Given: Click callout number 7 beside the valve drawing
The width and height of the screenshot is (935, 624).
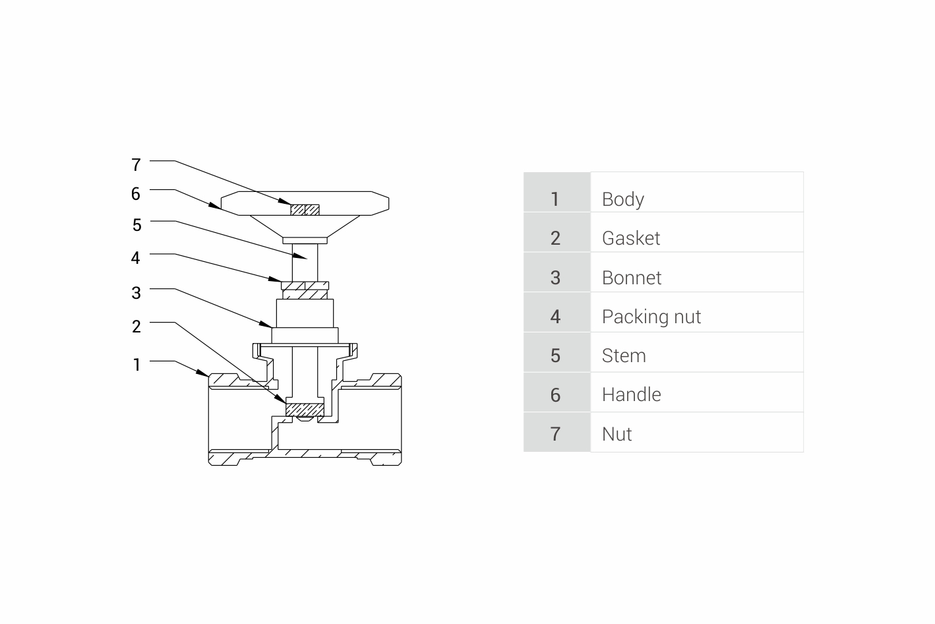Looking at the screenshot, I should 136,164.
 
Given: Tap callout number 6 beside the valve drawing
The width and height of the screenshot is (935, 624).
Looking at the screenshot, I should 136,194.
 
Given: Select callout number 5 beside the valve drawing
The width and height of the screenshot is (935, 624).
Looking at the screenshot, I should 136,226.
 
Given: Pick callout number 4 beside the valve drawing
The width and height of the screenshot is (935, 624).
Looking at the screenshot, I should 136,258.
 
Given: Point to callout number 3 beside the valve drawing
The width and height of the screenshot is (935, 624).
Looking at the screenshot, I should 136,293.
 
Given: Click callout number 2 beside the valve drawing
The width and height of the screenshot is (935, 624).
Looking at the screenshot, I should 136,327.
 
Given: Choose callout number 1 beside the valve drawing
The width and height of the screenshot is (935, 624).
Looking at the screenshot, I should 136,365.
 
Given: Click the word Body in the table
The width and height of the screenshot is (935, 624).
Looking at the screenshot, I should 622,199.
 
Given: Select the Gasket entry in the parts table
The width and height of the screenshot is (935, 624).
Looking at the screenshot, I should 630,238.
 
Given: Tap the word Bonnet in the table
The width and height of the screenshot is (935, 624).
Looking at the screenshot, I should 631,278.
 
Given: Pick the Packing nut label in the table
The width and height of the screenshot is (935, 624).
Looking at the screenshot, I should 651,317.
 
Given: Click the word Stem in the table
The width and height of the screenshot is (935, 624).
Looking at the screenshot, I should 623,356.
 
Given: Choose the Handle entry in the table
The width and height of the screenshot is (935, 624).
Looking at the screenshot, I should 631,394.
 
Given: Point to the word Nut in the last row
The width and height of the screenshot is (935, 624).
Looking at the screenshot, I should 617,434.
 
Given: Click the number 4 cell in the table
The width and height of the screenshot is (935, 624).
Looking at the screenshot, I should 555,317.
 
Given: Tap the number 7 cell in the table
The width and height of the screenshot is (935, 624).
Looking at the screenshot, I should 555,434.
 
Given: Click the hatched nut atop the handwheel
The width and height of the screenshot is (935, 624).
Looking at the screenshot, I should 305,210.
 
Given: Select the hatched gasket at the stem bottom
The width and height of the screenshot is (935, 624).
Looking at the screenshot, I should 305,410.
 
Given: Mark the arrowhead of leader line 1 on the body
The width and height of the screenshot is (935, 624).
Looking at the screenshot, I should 205,374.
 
